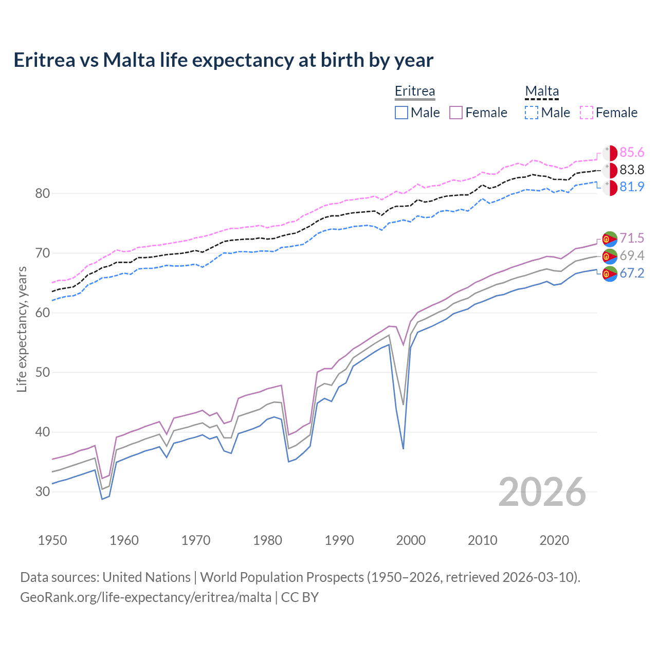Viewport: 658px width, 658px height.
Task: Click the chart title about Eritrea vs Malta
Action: pos(223,60)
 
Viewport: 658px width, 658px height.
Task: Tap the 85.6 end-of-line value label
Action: pos(632,153)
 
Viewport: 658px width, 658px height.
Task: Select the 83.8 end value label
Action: pos(632,170)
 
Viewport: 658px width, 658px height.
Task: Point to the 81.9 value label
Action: pos(632,187)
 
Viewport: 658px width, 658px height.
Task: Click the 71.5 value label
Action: pos(632,239)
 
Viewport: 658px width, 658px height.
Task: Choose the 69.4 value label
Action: pos(632,256)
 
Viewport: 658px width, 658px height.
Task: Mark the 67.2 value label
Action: pos(632,273)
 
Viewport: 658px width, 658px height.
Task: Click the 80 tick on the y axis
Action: pos(43,194)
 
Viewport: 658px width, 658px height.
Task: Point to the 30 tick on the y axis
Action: pos(43,491)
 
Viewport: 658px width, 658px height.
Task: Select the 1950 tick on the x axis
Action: pos(52,540)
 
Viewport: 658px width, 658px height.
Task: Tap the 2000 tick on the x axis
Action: pos(411,540)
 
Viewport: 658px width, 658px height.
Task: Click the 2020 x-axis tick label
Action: pos(554,540)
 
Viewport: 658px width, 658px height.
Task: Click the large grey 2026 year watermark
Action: pos(542,492)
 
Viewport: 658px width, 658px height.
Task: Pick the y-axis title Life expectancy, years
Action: pos(22,329)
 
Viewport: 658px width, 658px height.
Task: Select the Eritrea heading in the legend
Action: pos(415,91)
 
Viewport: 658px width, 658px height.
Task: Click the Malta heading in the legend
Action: pos(542,91)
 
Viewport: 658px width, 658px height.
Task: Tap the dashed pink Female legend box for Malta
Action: pos(587,113)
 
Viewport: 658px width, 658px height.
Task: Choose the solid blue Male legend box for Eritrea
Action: pos(401,113)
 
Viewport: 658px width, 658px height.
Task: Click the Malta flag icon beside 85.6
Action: pos(610,153)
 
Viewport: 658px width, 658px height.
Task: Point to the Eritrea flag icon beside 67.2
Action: pos(610,274)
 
